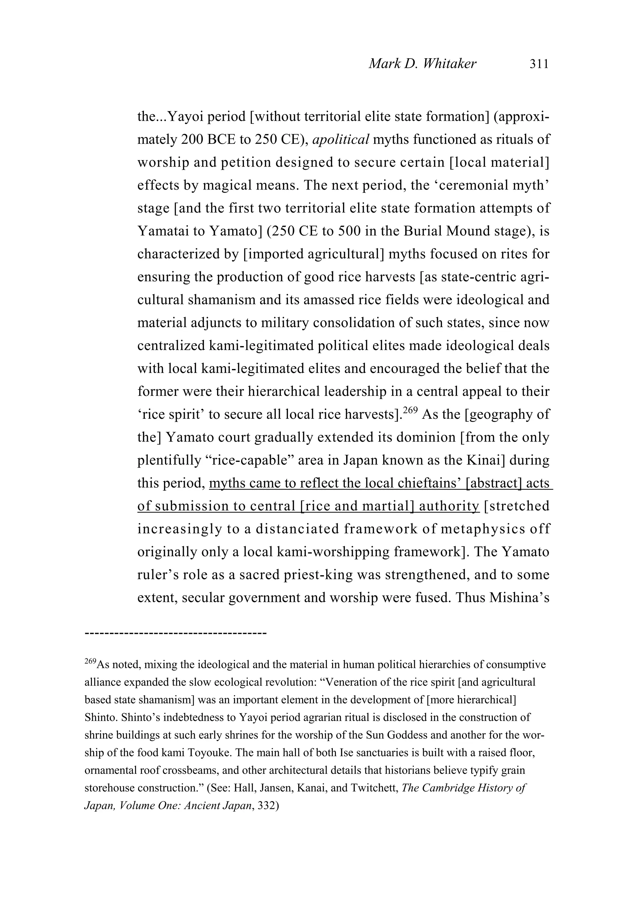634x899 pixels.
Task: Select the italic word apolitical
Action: [341, 139]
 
